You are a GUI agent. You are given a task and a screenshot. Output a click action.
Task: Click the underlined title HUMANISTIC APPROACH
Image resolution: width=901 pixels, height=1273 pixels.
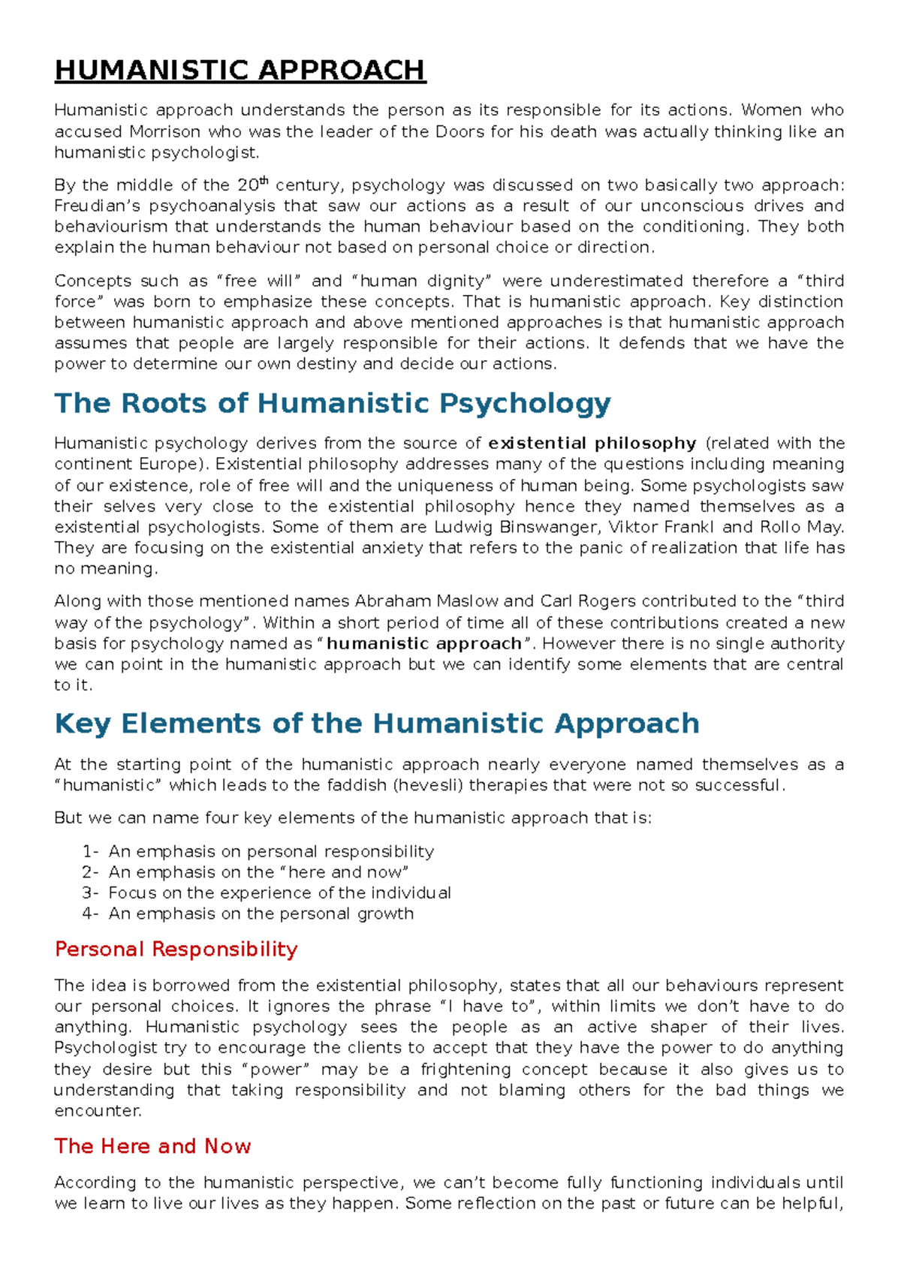(240, 71)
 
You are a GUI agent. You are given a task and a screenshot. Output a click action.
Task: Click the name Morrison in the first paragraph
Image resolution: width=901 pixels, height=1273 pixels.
(164, 131)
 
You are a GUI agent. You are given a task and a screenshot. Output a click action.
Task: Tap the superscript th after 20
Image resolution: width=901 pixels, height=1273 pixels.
(264, 181)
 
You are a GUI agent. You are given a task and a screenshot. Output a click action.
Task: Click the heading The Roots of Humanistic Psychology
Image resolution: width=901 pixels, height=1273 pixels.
(333, 403)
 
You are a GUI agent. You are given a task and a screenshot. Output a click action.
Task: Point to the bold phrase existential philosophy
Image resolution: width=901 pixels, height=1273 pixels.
(592, 443)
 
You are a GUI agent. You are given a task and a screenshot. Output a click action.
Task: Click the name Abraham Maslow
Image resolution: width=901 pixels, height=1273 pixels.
(426, 601)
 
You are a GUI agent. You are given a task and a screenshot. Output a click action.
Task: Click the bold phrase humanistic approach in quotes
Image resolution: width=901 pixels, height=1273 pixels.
(424, 643)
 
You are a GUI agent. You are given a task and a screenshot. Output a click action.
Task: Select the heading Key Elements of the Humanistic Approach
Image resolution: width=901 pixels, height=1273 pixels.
(377, 724)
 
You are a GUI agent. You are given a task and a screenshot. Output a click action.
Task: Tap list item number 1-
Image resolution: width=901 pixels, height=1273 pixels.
(90, 851)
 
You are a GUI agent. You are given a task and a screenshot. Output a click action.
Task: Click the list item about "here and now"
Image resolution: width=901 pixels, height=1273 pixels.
(258, 872)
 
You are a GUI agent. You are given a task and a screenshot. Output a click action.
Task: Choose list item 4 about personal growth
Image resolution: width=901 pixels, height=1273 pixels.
(261, 913)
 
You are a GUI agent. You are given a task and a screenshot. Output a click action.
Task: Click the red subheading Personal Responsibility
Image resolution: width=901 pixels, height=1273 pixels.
(176, 949)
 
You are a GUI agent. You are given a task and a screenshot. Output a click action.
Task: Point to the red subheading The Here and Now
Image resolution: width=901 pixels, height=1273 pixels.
(152, 1146)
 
